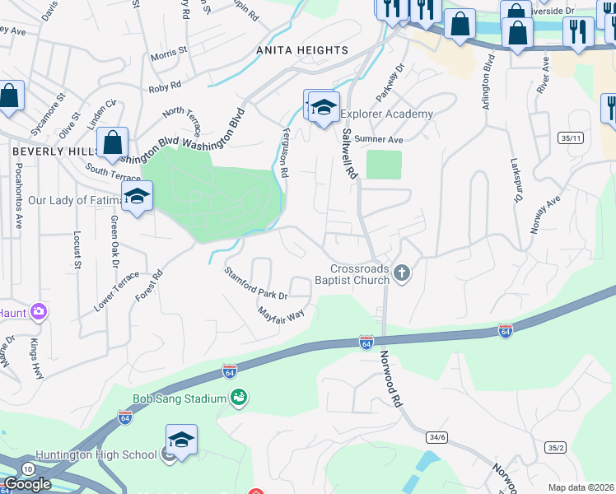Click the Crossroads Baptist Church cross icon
401,273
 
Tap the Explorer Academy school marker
324,108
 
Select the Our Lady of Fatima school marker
137,197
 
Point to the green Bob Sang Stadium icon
239,398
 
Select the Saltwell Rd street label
350,154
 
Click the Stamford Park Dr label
256,282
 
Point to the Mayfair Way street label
281,315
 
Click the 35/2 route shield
555,447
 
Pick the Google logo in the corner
27,484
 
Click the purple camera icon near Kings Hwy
38,312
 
